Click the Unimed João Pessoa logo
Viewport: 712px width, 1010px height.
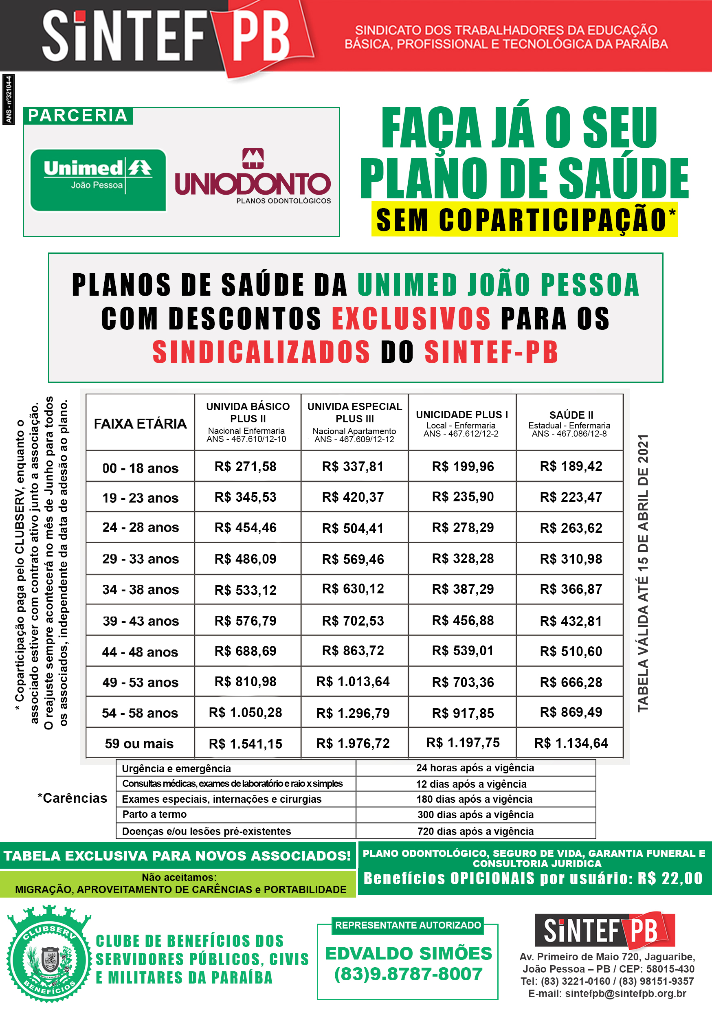[98, 180]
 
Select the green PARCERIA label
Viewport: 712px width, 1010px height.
[77, 116]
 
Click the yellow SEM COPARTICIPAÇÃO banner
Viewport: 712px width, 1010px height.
[524, 219]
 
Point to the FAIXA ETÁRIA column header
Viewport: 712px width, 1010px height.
[141, 423]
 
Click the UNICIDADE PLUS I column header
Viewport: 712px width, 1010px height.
[461, 423]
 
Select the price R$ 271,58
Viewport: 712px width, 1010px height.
[246, 466]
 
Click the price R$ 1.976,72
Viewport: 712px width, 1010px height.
[353, 743]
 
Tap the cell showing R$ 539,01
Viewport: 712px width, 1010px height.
[462, 651]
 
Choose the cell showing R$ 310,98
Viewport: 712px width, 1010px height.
[571, 559]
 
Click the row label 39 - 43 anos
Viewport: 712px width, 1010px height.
[141, 621]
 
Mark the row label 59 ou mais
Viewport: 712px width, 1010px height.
[139, 743]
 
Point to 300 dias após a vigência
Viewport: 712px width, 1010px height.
[475, 814]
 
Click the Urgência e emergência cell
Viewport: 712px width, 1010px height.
[176, 768]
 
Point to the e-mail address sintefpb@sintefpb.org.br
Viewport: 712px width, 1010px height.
[625, 993]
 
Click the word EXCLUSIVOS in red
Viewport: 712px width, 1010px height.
[411, 318]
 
